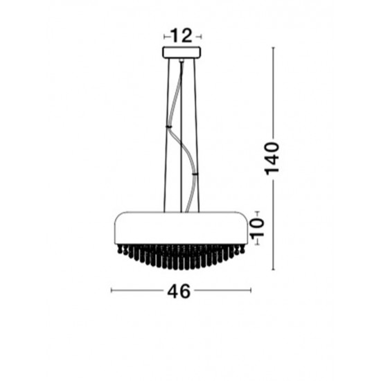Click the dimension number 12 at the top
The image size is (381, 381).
pos(182,36)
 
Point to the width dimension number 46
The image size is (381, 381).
pos(179,291)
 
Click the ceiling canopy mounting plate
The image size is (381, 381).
pos(181,53)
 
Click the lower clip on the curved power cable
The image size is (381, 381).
pos(195,173)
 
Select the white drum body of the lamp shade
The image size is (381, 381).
pos(181,226)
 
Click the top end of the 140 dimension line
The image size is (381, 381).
pos(273,47)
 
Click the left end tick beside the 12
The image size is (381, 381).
pos(163,36)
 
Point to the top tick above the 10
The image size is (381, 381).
pos(257,211)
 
